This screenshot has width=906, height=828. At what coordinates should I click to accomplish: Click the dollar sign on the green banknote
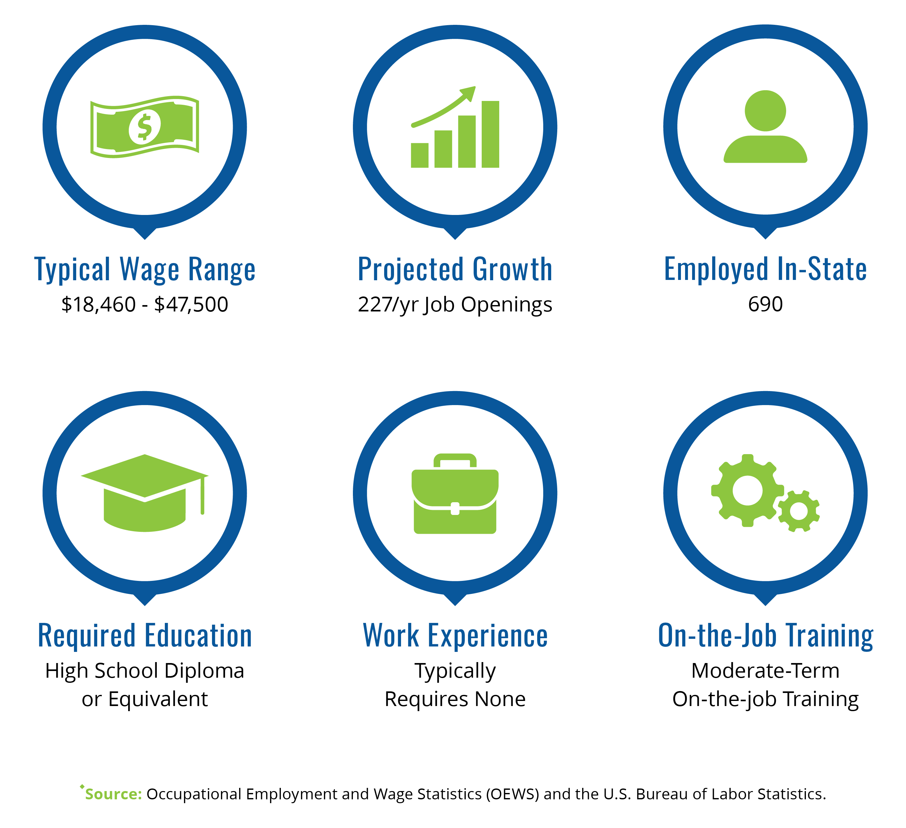pos(144,127)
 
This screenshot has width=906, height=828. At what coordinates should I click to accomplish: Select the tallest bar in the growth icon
pos(490,134)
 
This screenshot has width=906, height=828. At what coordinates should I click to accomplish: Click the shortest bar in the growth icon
pos(420,155)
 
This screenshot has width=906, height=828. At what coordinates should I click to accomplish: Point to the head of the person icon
pos(765,111)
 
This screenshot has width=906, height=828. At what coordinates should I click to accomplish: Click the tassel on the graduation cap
pos(203,495)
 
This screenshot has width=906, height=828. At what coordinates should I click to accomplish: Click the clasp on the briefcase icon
pos(455,508)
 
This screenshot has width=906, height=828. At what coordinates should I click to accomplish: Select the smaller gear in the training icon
pos(799,511)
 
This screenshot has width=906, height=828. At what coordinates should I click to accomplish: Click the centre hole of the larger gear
pos(747,490)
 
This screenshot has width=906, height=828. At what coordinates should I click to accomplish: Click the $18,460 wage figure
pos(99,305)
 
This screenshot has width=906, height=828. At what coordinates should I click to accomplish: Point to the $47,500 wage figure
pos(191,305)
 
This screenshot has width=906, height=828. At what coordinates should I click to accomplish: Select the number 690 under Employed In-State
pos(765,304)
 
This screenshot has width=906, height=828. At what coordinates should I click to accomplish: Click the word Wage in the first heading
pos(149,269)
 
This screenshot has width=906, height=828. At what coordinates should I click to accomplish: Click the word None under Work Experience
pos(500,699)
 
